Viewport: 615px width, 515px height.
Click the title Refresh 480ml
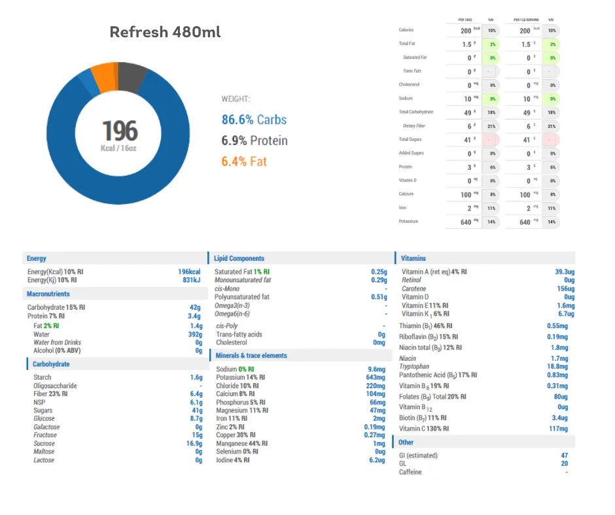pyautogui.click(x=165, y=32)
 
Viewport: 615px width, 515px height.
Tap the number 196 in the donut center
pyautogui.click(x=120, y=131)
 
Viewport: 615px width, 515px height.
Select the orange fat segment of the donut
pyautogui.click(x=103, y=76)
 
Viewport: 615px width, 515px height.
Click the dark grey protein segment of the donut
pyautogui.click(x=133, y=73)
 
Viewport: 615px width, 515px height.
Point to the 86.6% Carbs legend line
pyautogui.click(x=254, y=120)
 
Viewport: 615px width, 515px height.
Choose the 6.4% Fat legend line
pyautogui.click(x=244, y=161)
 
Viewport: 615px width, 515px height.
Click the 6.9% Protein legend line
pyautogui.click(x=255, y=141)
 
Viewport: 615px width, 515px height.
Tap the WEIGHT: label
pyautogui.click(x=236, y=99)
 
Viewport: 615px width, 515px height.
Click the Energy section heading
pyautogui.click(x=37, y=258)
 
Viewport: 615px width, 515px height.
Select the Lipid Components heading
pyautogui.click(x=239, y=258)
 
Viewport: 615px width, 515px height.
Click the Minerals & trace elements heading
pyautogui.click(x=251, y=356)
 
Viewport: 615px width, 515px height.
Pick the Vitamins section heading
pyautogui.click(x=414, y=258)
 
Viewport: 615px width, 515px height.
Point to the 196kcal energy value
pyautogui.click(x=189, y=272)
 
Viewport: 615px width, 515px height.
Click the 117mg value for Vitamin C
pyautogui.click(x=557, y=429)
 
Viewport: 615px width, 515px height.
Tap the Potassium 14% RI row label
pyautogui.click(x=240, y=378)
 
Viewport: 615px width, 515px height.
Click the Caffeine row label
pyautogui.click(x=410, y=472)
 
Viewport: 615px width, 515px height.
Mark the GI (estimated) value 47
pyautogui.click(x=564, y=456)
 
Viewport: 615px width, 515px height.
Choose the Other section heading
pyautogui.click(x=406, y=442)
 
